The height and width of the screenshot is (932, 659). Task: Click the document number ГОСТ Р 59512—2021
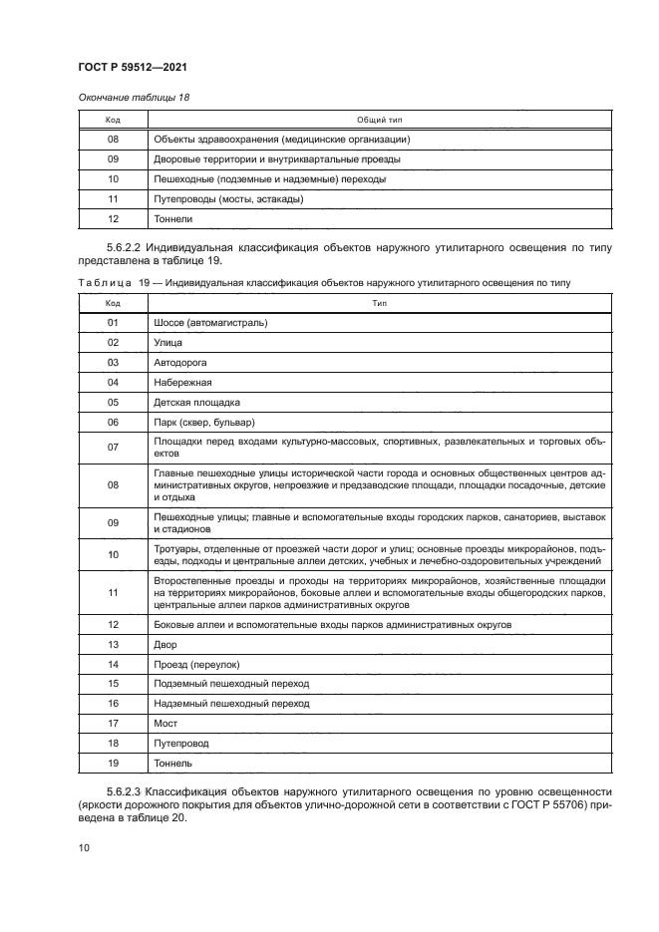(x=133, y=67)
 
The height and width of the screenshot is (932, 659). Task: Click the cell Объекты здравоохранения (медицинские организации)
(x=282, y=140)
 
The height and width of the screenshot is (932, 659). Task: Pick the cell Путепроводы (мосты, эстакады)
(x=228, y=198)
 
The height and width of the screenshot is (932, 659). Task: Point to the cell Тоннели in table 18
(x=173, y=218)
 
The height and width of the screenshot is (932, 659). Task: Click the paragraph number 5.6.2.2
(x=124, y=246)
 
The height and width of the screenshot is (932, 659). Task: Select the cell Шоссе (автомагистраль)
(x=211, y=323)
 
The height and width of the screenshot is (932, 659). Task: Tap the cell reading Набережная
(x=182, y=382)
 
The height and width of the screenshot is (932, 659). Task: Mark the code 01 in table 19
(x=113, y=323)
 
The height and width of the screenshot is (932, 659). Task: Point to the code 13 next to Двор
(x=113, y=645)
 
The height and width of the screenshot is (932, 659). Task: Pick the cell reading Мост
(x=165, y=723)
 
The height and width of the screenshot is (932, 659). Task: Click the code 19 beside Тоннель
(x=113, y=763)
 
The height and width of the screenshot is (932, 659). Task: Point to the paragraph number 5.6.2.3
(x=124, y=790)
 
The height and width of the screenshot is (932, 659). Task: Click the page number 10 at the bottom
(x=84, y=847)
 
